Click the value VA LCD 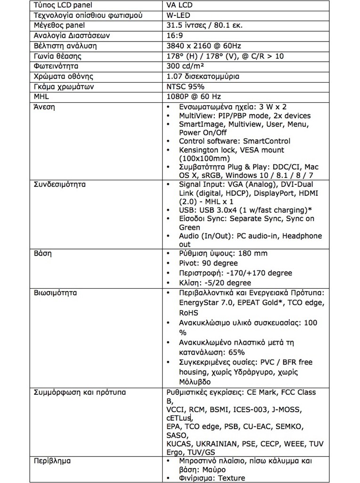[180, 6]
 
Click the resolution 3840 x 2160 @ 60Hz [204, 46]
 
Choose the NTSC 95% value [186, 86]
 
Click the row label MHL [41, 97]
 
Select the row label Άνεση [44, 107]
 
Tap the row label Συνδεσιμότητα [59, 184]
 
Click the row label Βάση [42, 253]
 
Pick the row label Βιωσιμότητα [55, 293]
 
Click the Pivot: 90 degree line [208, 263]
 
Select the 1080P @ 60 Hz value [194, 97]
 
